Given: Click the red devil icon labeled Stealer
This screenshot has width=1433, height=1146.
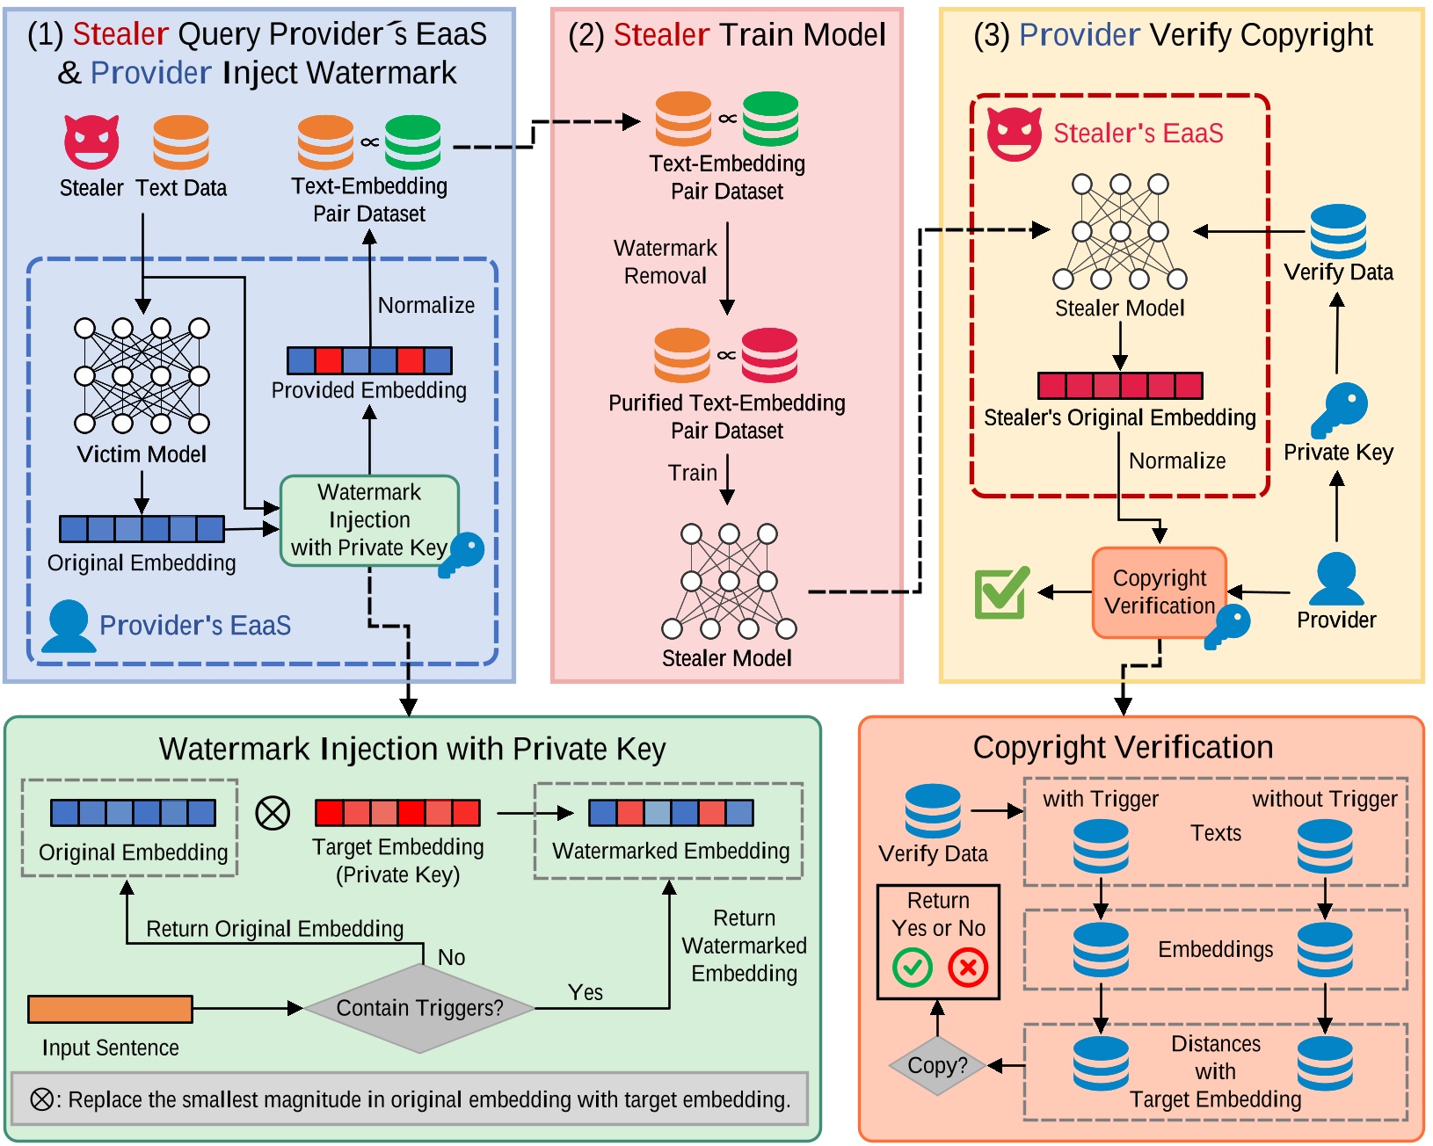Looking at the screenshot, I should point(91,141).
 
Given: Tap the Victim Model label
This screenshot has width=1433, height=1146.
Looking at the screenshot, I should point(142,454).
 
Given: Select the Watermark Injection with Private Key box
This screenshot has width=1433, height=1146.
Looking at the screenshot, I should point(369,520).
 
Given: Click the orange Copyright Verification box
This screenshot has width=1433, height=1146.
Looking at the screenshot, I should point(1159,592).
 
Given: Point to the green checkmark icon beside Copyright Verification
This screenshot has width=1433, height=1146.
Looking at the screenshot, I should point(1001,592).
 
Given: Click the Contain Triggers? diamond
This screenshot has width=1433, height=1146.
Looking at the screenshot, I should point(419,1008).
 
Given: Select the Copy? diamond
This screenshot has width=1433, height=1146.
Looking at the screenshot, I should point(937,1065).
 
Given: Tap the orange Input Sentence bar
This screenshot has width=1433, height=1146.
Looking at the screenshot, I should point(110,1009).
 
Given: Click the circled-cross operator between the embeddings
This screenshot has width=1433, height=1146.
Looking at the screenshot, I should point(273,813).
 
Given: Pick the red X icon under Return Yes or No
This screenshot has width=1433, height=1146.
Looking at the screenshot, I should point(968,968).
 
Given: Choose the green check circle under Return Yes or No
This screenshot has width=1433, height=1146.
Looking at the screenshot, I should point(913,968).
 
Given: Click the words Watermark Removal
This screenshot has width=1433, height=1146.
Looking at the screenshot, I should point(666,262).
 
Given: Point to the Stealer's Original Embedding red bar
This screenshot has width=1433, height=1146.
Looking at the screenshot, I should point(1120,386).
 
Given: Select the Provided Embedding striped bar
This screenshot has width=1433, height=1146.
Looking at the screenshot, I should point(369,360).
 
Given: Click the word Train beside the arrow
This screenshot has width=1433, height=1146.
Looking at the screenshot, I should point(693,473).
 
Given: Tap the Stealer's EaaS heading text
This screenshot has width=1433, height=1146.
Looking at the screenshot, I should point(1138,134).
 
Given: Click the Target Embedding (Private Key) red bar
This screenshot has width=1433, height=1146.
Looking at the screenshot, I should point(397,813).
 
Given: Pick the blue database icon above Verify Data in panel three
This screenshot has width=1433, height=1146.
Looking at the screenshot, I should point(1338,231).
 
